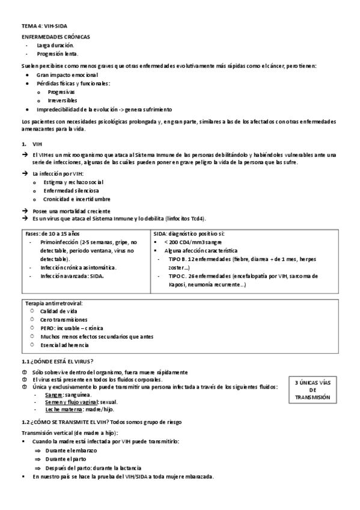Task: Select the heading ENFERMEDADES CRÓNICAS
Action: pyautogui.click(x=52, y=37)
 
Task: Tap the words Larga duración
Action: pyautogui.click(x=55, y=45)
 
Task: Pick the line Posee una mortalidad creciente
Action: pyautogui.click(x=72, y=211)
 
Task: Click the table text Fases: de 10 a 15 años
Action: pyautogui.click(x=53, y=233)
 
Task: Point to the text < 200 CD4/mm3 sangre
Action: pyautogui.click(x=192, y=242)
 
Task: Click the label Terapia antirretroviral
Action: pyautogui.click(x=54, y=303)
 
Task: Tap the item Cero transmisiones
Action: pyautogui.click(x=64, y=320)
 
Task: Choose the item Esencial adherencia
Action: pyautogui.click(x=64, y=345)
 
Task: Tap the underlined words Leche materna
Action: pyautogui.click(x=63, y=409)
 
